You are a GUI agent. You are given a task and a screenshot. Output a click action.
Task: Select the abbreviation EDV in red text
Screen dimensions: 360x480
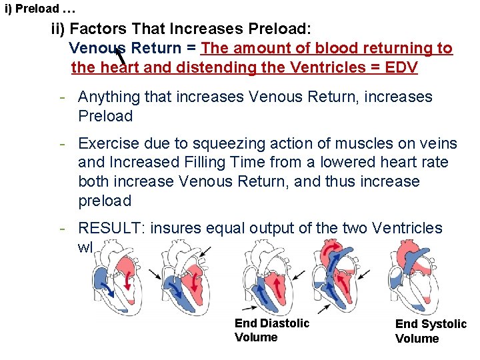[401, 67]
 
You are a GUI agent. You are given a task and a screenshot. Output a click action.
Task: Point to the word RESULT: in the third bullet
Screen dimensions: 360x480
[111, 228]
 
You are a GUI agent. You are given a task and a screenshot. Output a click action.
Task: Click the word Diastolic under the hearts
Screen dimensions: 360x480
[285, 323]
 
